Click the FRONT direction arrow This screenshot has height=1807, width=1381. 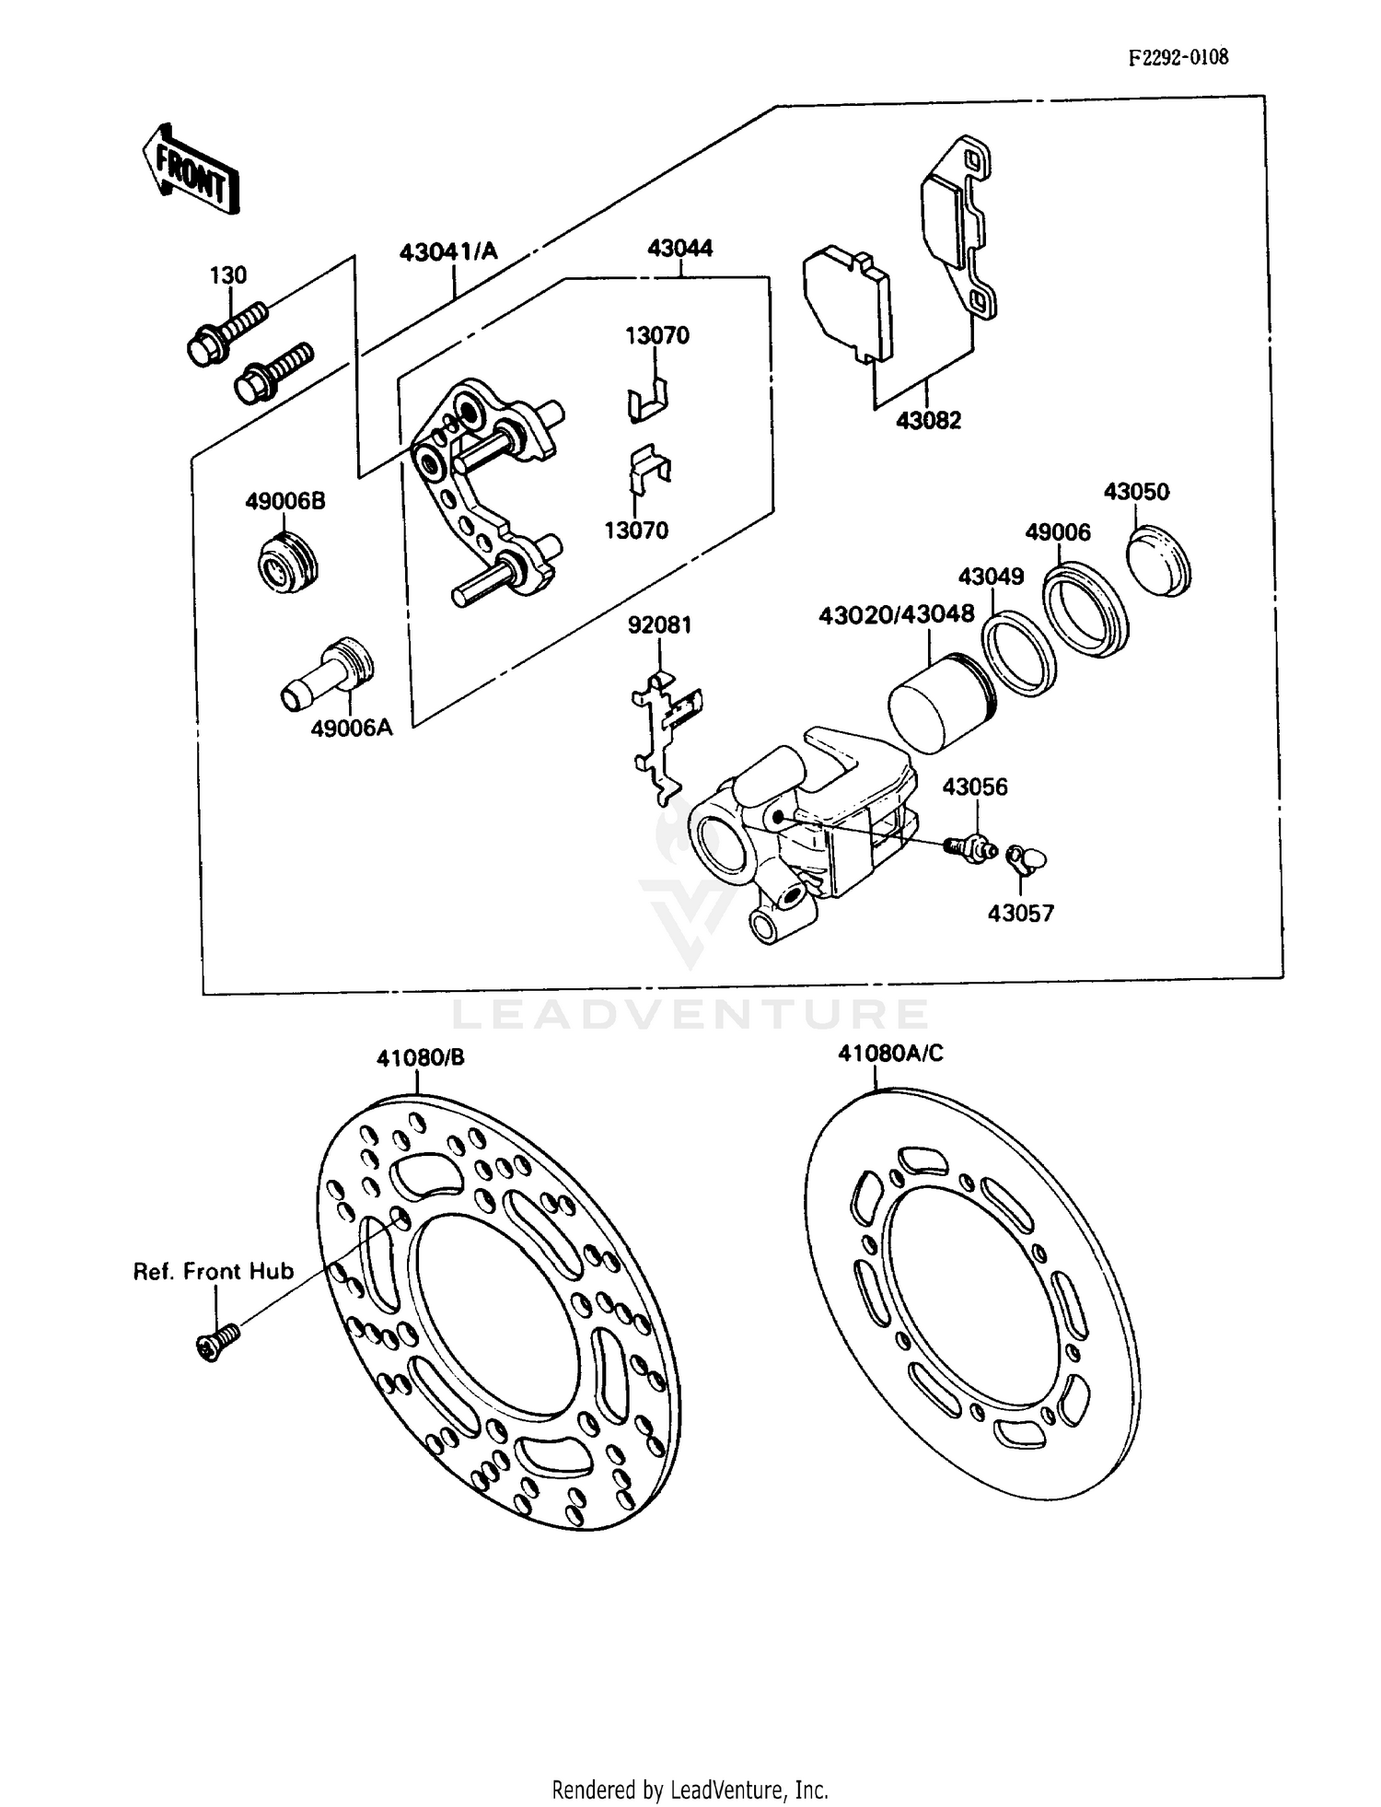coord(191,171)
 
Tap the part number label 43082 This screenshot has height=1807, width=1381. coord(928,420)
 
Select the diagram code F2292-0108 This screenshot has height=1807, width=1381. coord(1178,57)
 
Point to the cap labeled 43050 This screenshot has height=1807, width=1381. coord(1160,560)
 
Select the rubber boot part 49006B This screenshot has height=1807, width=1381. coord(285,562)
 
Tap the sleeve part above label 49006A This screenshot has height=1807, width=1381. coord(327,676)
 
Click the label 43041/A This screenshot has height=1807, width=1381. coord(448,251)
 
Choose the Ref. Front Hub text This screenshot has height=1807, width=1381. coord(214,1272)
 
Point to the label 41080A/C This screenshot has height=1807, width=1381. coord(890,1053)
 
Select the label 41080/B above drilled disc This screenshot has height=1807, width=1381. coord(420,1057)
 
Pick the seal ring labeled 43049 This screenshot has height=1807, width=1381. coord(1018,653)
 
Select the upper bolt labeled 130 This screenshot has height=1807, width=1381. coord(226,332)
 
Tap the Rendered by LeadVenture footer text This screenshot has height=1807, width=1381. coord(690,1790)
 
